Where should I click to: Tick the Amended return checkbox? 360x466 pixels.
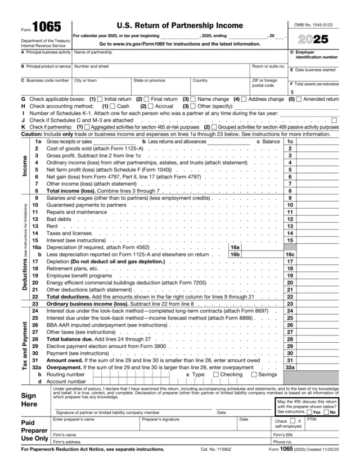[x=299, y=99]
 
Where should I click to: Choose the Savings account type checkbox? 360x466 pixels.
[x=254, y=374]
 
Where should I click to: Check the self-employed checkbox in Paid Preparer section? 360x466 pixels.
[x=293, y=420]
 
